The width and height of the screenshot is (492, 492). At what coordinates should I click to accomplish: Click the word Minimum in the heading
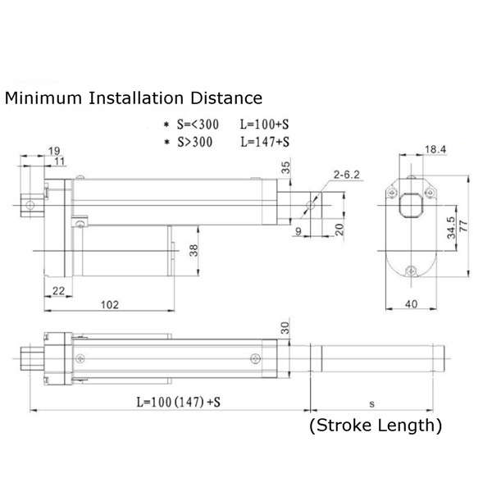[43, 98]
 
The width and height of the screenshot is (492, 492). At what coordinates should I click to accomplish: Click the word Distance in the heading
[226, 98]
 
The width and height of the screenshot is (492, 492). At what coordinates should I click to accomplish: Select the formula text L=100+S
[264, 125]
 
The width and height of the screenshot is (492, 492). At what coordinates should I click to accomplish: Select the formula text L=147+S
[265, 142]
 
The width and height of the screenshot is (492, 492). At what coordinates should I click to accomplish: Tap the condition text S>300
[195, 142]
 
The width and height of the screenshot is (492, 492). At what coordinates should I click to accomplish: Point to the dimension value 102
[110, 305]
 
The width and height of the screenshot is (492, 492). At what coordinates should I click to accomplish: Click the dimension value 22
[58, 291]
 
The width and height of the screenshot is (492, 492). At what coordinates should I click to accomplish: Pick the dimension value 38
[194, 250]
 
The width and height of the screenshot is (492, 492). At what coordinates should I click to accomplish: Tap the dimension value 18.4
[435, 149]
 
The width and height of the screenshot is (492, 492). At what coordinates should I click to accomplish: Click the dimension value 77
[463, 226]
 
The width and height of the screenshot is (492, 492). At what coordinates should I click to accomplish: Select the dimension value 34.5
[451, 228]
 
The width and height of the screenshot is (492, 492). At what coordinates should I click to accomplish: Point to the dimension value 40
[411, 304]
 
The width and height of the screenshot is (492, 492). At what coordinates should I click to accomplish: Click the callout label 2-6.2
[346, 175]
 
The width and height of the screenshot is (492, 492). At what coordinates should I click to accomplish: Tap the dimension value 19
[54, 151]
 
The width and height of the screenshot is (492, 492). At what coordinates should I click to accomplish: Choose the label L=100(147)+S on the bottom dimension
[178, 402]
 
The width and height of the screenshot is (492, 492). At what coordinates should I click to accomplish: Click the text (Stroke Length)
[376, 426]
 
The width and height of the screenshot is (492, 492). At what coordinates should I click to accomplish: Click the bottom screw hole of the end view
[411, 271]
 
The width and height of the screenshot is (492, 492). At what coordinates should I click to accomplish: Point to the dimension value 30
[285, 327]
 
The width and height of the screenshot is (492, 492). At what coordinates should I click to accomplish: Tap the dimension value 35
[285, 167]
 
